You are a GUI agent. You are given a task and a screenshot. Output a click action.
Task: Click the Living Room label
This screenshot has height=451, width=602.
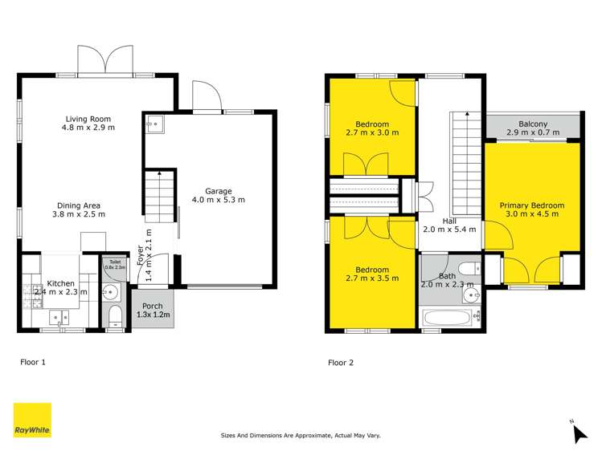(x=89, y=119)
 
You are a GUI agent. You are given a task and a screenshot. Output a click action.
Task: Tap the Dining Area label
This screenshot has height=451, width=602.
(x=79, y=205)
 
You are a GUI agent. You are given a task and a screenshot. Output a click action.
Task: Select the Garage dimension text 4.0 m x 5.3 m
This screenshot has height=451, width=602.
(x=218, y=200)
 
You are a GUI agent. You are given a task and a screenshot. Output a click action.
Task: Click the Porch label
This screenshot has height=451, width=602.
(x=152, y=307)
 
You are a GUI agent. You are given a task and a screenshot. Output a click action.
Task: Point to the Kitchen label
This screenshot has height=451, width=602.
(x=61, y=284)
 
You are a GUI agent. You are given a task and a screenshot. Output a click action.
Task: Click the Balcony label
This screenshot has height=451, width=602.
(x=532, y=124)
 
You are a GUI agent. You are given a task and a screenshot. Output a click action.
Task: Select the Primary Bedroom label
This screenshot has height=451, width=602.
(x=531, y=205)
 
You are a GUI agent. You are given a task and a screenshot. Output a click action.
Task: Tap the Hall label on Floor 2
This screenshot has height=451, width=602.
(x=448, y=219)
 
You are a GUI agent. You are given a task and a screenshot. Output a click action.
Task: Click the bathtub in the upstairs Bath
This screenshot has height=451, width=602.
(x=448, y=318)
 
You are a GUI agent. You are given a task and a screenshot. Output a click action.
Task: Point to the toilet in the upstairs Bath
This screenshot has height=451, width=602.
(x=466, y=269)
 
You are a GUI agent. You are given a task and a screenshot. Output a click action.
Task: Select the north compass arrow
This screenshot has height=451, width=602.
(x=579, y=433)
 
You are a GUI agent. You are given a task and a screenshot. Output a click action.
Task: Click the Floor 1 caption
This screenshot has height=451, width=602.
(x=33, y=362)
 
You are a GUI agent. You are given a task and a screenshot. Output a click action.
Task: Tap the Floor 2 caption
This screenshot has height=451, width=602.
(x=341, y=363)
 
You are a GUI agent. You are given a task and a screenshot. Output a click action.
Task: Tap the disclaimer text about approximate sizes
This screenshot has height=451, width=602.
(x=301, y=436)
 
